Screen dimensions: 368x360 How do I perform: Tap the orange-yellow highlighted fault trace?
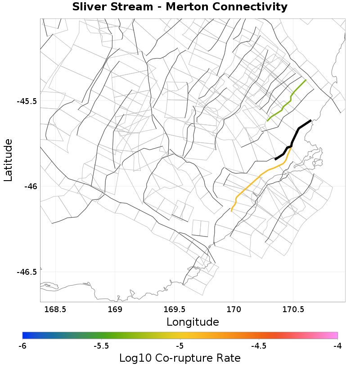click(x=261, y=175)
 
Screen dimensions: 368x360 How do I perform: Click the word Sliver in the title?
click(x=90, y=7)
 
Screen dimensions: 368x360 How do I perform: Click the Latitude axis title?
click(x=9, y=160)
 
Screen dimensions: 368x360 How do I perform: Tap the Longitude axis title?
click(x=193, y=322)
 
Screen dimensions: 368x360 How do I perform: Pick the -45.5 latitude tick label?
click(x=27, y=101)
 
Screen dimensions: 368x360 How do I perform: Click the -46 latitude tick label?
click(x=31, y=186)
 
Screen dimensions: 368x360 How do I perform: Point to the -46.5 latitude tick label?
click(x=27, y=272)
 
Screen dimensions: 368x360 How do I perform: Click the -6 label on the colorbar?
click(x=22, y=346)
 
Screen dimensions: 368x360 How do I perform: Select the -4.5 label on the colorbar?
click(x=259, y=346)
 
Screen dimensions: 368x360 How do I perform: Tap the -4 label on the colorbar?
click(x=337, y=346)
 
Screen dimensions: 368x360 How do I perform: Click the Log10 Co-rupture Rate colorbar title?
click(x=180, y=359)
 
